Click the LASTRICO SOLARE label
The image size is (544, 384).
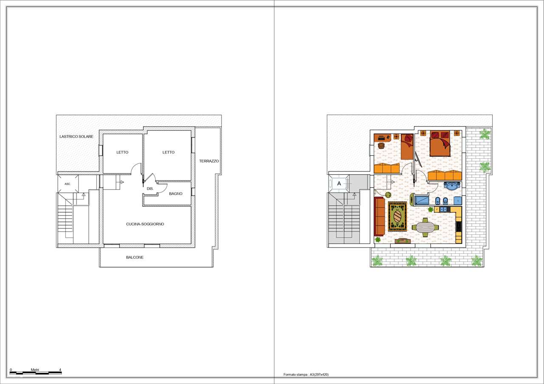pyautogui.click(x=76, y=137)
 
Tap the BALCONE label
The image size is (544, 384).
pyautogui.click(x=135, y=258)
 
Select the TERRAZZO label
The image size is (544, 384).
pyautogui.click(x=209, y=161)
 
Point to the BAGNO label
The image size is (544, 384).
pyautogui.click(x=176, y=193)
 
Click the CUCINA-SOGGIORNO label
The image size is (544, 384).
pyautogui.click(x=145, y=224)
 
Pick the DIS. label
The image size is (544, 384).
pyautogui.click(x=150, y=189)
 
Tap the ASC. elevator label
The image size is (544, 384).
pyautogui.click(x=68, y=184)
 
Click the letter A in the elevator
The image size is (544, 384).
pyautogui.click(x=339, y=184)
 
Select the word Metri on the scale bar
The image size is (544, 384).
pyautogui.click(x=35, y=370)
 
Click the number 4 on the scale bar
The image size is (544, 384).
pyautogui.click(x=60, y=370)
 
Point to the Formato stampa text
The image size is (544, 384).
pyautogui.click(x=306, y=375)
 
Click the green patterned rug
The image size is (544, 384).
pyautogui.click(x=397, y=216)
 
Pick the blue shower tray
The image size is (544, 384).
pyautogui.click(x=421, y=200)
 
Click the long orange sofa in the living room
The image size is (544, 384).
pyautogui.click(x=380, y=216)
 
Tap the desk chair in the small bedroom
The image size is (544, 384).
pyautogui.click(x=381, y=146)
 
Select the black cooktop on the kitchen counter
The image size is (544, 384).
pyautogui.click(x=459, y=227)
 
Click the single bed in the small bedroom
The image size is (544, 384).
pyautogui.click(x=407, y=146)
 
